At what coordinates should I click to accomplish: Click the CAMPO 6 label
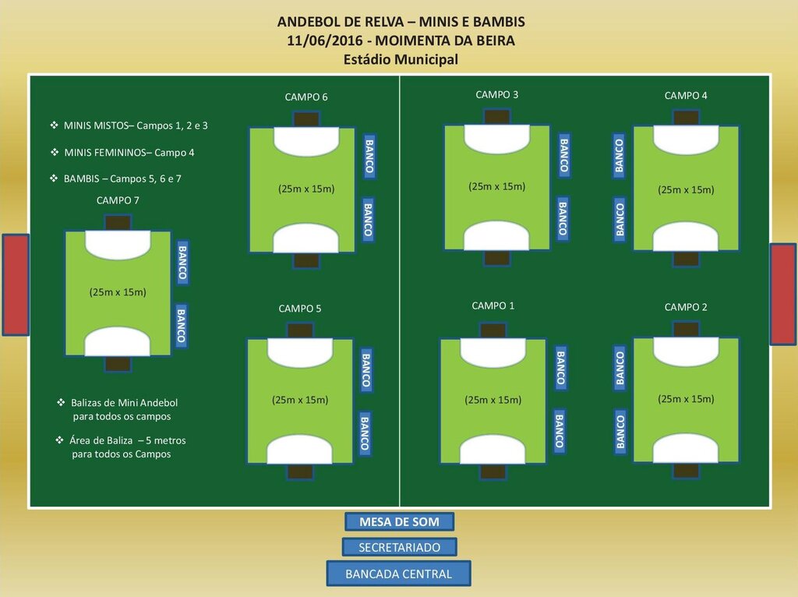click(305, 97)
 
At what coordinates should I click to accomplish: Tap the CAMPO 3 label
click(496, 95)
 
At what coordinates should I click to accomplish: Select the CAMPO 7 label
click(118, 200)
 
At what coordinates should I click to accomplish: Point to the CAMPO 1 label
click(493, 306)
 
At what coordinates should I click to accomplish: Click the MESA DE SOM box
click(399, 521)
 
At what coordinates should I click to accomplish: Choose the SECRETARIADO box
click(399, 547)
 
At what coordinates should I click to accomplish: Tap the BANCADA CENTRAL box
click(399, 574)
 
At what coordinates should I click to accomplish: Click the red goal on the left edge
click(16, 284)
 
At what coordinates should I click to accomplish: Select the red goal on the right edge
click(782, 294)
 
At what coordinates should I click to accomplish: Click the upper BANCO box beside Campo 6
click(369, 156)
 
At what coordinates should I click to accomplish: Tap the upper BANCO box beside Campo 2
click(620, 369)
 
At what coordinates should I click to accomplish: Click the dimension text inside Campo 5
click(300, 400)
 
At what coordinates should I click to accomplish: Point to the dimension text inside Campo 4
click(686, 189)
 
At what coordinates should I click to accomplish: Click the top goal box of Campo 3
click(496, 117)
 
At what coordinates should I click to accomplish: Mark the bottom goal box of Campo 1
click(493, 472)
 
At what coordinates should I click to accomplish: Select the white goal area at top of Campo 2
click(686, 351)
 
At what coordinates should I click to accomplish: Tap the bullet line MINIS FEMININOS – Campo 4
click(129, 152)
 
